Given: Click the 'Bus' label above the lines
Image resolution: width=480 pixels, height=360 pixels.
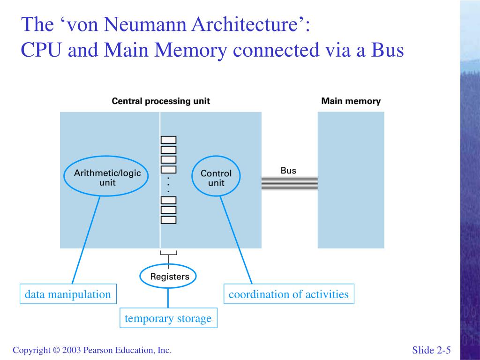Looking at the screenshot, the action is [x=288, y=171].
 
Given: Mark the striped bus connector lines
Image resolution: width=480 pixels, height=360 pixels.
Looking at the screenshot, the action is [x=290, y=183].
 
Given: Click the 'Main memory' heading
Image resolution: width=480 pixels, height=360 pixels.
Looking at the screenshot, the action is [x=351, y=101].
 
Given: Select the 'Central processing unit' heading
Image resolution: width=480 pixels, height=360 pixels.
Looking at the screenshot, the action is [x=161, y=101].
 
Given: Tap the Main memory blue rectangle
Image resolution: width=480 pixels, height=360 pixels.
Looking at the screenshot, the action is [x=351, y=180].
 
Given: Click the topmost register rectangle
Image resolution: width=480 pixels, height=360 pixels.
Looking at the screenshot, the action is [x=169, y=140].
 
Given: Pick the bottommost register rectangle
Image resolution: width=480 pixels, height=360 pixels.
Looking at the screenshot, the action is [x=169, y=220].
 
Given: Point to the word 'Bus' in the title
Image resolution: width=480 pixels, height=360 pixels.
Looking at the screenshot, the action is [x=388, y=50].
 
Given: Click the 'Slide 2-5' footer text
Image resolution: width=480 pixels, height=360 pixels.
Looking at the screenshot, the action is [x=431, y=350].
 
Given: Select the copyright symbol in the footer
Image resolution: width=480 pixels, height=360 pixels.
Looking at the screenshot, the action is [x=56, y=350].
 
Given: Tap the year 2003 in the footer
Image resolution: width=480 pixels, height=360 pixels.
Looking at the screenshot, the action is [x=71, y=350].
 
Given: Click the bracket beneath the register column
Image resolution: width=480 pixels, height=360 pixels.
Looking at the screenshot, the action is [x=169, y=253].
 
